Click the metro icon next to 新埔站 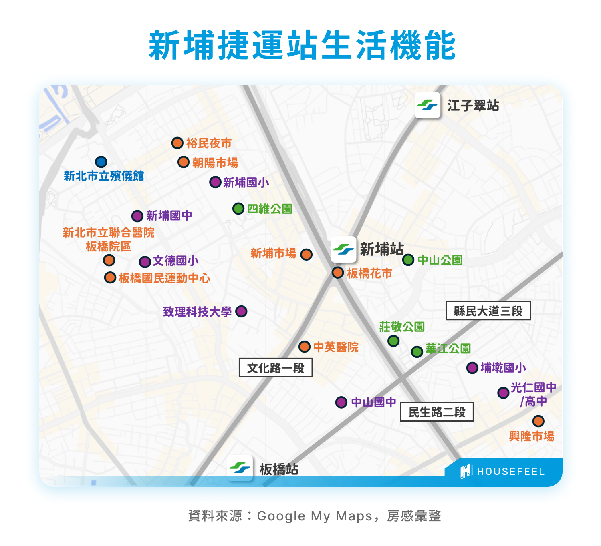point(343,249)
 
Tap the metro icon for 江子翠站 point(428,105)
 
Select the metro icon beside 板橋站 point(240,468)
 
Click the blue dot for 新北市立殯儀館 point(101,162)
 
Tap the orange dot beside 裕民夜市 point(177,143)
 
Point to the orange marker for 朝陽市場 point(184,162)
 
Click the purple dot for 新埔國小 point(216,182)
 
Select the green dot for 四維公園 point(238,209)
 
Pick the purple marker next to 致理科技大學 point(241,311)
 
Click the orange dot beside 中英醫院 point(305,347)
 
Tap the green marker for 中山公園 point(408,260)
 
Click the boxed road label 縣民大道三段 point(488,311)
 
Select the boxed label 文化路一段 point(276,368)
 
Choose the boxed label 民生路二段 point(437,412)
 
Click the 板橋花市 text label point(369,273)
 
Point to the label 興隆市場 point(531,436)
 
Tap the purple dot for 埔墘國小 point(472,368)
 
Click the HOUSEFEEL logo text point(510,472)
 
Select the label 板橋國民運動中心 point(164,278)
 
